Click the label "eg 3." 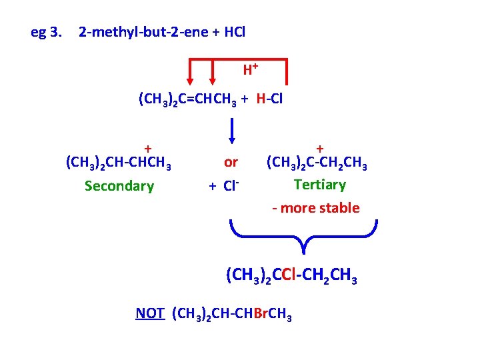point(47,32)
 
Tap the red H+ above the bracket point(250,69)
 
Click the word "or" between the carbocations point(231,162)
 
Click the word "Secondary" point(119,186)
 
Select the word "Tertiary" point(319,185)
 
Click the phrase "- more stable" point(315,208)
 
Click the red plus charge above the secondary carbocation point(148,149)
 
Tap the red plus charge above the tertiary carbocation point(320,148)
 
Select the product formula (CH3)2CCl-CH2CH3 point(291,275)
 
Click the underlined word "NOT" point(149,313)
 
